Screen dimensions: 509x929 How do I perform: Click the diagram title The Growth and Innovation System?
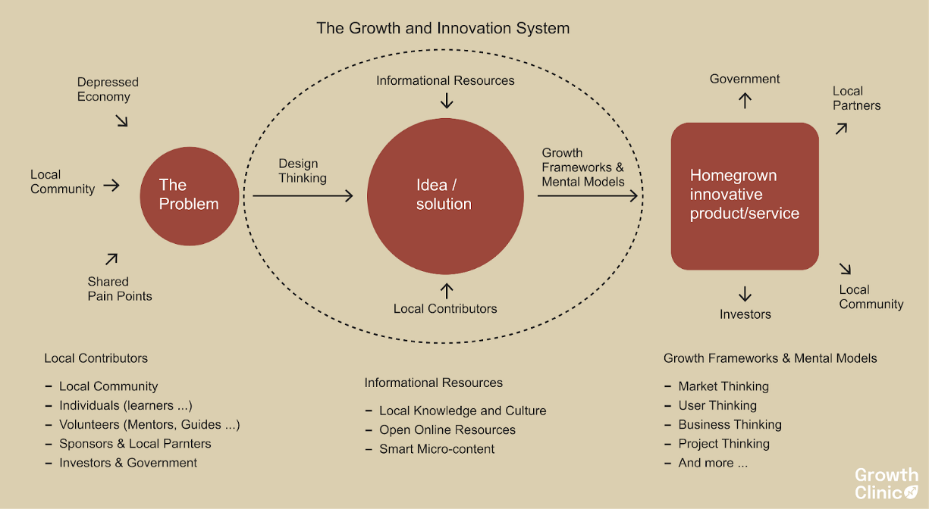pyautogui.click(x=443, y=29)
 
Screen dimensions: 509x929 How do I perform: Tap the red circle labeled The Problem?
pyautogui.click(x=190, y=195)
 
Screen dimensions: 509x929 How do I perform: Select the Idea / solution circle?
pyautogui.click(x=445, y=195)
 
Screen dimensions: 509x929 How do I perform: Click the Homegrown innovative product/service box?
pyautogui.click(x=745, y=195)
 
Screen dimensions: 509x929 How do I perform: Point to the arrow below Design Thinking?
pyautogui.click(x=303, y=196)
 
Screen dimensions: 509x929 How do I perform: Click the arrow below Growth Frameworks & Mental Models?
pyautogui.click(x=588, y=196)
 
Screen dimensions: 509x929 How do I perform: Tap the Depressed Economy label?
pyautogui.click(x=108, y=89)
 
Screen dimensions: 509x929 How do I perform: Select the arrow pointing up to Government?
pyautogui.click(x=745, y=100)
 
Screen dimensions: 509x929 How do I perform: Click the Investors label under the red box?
pyautogui.click(x=745, y=314)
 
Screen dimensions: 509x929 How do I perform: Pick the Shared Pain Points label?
pyautogui.click(x=120, y=289)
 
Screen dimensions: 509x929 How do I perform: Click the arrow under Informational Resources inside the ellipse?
pyautogui.click(x=447, y=100)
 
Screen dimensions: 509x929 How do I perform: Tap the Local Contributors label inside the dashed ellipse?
pyautogui.click(x=445, y=308)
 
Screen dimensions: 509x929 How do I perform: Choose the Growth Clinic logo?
pyautogui.click(x=887, y=483)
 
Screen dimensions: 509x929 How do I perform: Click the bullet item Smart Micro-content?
pyautogui.click(x=437, y=448)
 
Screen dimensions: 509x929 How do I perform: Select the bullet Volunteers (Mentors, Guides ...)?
pyautogui.click(x=149, y=424)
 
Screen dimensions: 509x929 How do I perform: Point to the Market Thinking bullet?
pyautogui.click(x=723, y=386)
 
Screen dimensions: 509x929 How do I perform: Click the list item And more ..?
pyautogui.click(x=713, y=463)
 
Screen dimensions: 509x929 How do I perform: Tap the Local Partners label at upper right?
pyautogui.click(x=857, y=98)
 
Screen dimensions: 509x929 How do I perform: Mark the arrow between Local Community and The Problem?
pyautogui.click(x=111, y=185)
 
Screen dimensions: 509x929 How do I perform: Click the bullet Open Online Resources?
pyautogui.click(x=447, y=429)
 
